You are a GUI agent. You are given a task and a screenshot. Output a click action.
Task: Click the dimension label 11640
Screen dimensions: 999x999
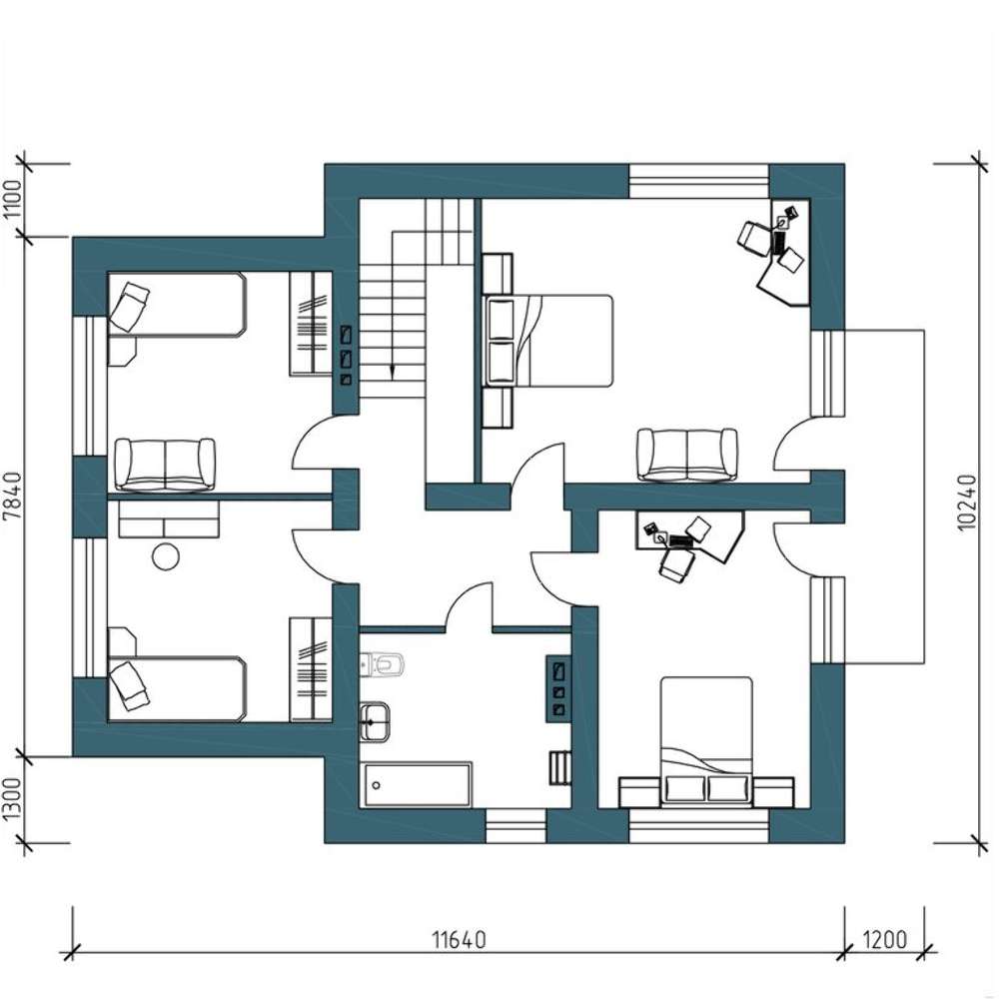(x=459, y=939)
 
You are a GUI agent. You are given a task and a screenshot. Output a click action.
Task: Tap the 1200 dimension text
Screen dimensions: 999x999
(x=884, y=939)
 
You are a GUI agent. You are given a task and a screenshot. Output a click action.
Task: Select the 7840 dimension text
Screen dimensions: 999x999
(x=13, y=497)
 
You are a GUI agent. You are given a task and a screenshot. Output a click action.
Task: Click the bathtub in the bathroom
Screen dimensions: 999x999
(x=418, y=785)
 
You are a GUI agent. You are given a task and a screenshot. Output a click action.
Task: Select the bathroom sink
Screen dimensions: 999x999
(x=375, y=722)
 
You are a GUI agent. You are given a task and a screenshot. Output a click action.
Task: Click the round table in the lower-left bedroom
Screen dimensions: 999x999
(x=166, y=556)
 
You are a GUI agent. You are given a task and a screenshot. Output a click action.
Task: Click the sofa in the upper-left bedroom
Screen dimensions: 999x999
(x=165, y=466)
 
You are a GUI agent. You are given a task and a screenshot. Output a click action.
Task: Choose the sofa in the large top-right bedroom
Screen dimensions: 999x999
(x=687, y=455)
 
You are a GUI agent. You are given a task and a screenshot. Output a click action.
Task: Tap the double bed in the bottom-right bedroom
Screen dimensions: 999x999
(x=706, y=742)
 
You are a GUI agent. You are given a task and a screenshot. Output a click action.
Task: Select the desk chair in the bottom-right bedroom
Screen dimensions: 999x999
(x=676, y=563)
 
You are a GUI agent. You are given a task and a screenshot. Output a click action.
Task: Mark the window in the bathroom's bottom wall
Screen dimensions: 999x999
(x=516, y=826)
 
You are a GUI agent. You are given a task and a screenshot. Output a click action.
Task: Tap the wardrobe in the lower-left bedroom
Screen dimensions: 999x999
(x=311, y=669)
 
